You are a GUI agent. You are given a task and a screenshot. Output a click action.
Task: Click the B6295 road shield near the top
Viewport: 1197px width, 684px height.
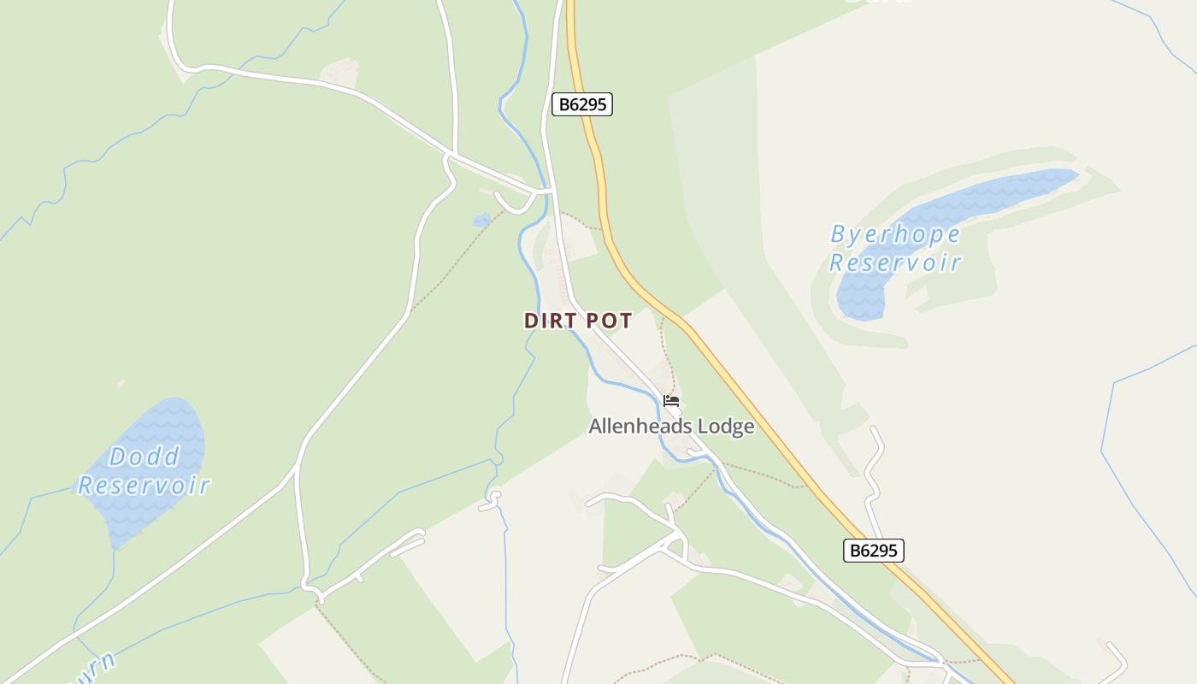[x=581, y=104]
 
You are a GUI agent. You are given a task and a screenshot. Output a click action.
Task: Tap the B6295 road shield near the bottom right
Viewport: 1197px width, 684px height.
[x=873, y=551]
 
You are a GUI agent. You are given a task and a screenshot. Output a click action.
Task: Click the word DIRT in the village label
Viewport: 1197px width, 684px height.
[x=549, y=321]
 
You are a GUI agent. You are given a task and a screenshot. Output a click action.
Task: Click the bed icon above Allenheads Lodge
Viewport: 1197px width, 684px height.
[x=671, y=400]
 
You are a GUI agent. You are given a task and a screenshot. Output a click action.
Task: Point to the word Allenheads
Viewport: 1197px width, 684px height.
[x=640, y=427]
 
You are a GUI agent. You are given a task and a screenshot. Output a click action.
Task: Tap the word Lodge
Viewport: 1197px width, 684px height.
[x=726, y=427]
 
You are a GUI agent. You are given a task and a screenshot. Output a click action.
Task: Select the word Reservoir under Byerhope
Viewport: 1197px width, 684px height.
[x=895, y=262]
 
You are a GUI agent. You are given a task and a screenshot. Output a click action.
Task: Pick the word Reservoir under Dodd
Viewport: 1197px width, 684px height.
[x=144, y=486]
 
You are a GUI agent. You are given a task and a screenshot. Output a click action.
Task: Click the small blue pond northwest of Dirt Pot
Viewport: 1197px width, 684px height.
[x=481, y=220]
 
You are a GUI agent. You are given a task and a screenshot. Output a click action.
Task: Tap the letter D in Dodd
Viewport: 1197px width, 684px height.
[x=117, y=457]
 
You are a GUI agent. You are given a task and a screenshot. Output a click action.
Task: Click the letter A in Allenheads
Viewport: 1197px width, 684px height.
[x=595, y=427]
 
